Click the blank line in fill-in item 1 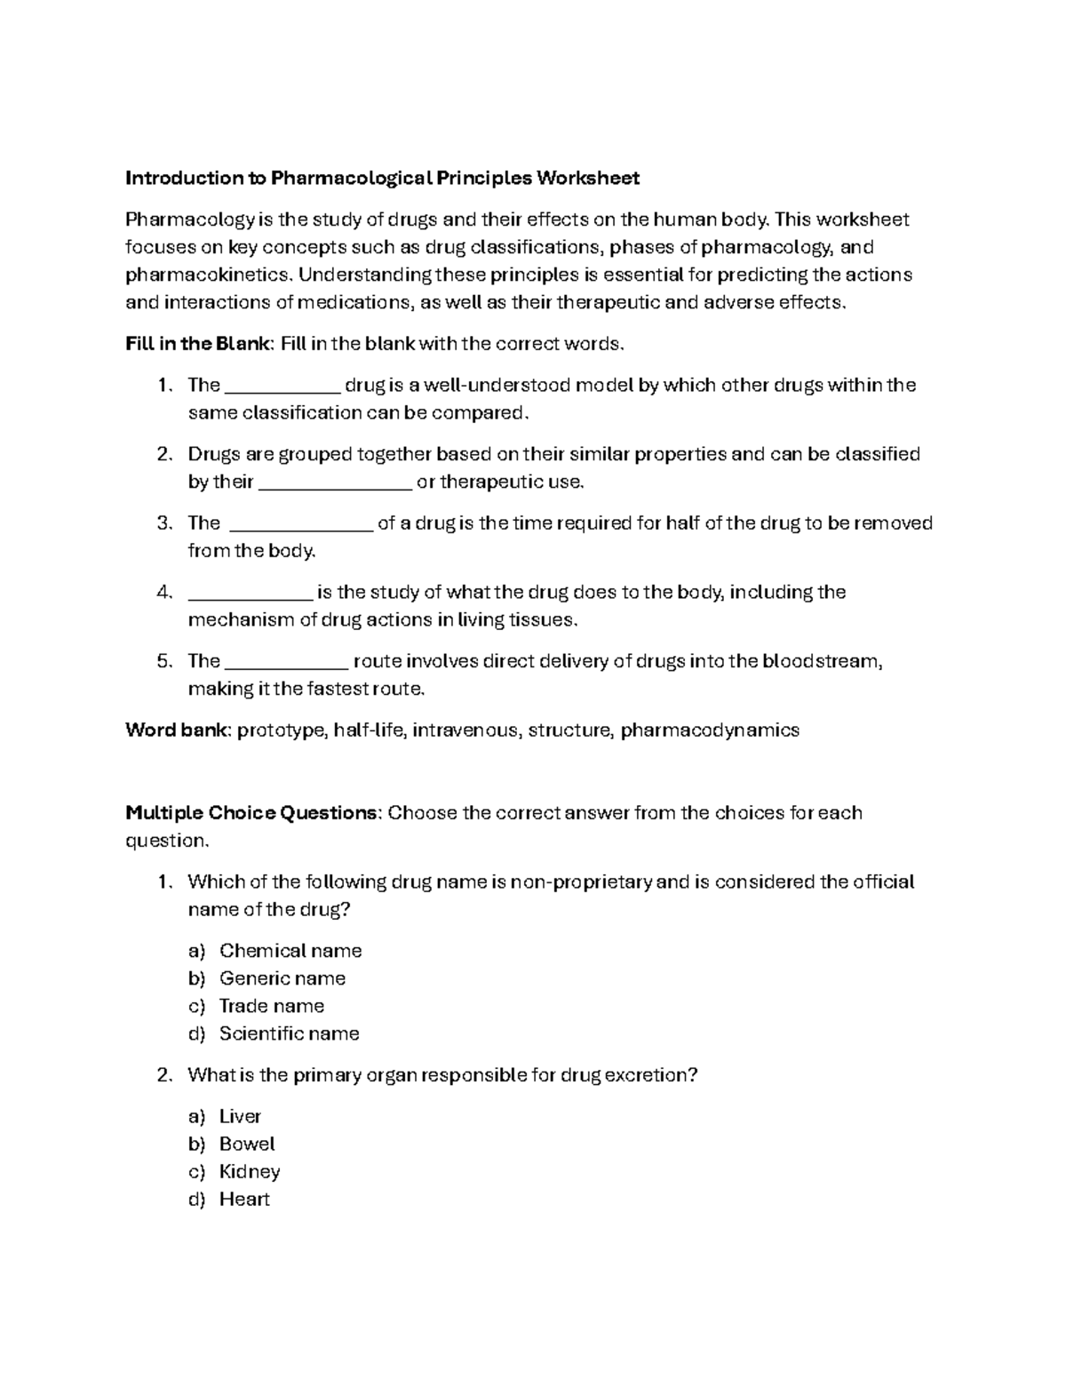[282, 387]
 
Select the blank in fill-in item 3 [300, 524]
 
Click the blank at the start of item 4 [250, 594]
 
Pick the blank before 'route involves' [287, 663]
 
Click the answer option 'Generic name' [282, 978]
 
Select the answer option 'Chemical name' [290, 951]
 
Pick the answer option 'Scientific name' [289, 1033]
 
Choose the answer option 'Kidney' [249, 1171]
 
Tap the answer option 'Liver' [240, 1116]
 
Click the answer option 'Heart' [244, 1199]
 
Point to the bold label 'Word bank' [178, 731]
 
